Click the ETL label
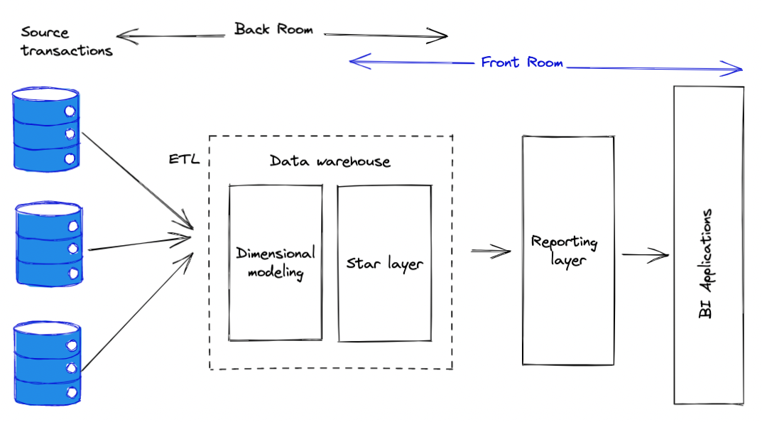click(x=184, y=159)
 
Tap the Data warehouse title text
click(x=330, y=161)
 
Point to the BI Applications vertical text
click(x=705, y=264)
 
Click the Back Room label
click(x=273, y=29)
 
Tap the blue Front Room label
click(x=522, y=63)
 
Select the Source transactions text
click(x=67, y=41)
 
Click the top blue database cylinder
click(x=46, y=129)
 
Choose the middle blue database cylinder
click(x=48, y=244)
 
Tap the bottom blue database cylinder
click(x=47, y=363)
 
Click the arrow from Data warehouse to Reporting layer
click(x=491, y=251)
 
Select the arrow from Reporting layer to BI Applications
click(x=646, y=254)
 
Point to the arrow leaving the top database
click(x=138, y=180)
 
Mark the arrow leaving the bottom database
click(x=138, y=312)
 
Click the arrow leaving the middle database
click(x=140, y=242)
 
